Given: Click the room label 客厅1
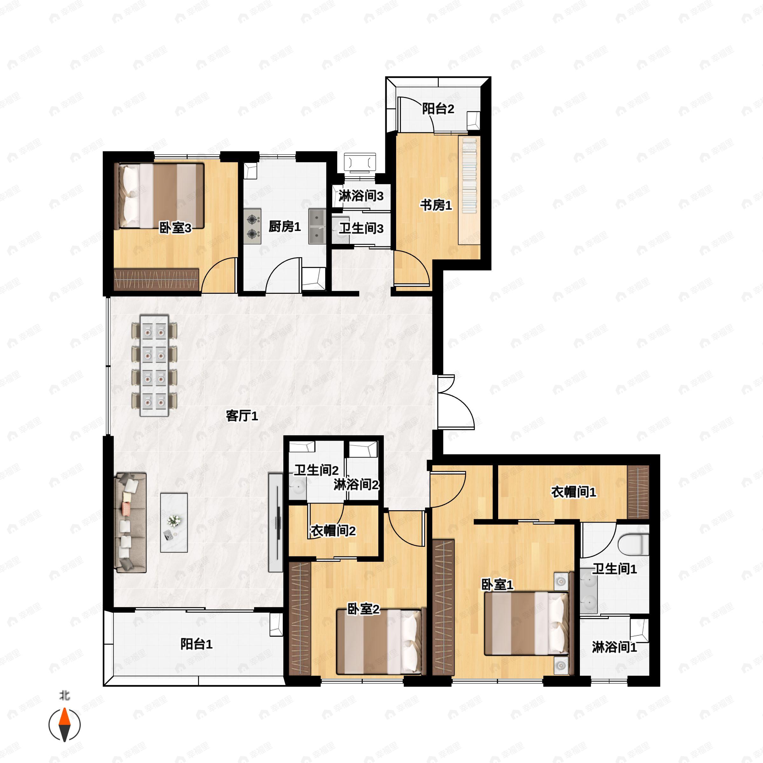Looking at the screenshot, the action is coord(242,416).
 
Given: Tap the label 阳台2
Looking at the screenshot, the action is coord(438,109).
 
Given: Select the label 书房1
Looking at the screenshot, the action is coord(436,205).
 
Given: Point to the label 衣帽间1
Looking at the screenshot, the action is coord(574,492).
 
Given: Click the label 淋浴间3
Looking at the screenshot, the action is coord(361,196).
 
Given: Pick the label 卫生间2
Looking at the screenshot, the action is coord(316,471).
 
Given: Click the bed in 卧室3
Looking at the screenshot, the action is coord(159,196).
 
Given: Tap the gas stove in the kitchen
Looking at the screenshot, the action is coord(252,226).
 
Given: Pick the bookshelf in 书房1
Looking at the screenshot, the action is coord(469,190).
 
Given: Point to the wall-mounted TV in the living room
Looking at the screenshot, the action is coord(276,522).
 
